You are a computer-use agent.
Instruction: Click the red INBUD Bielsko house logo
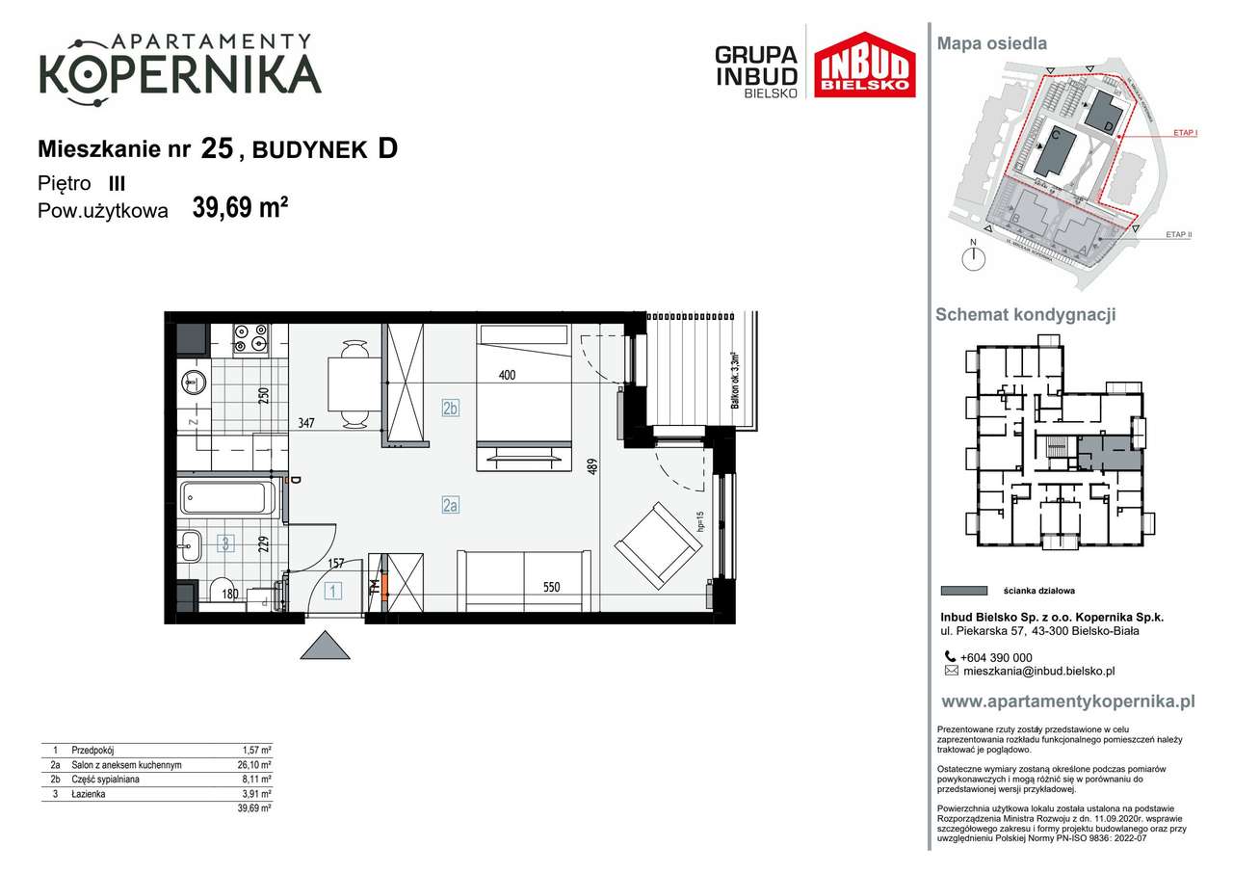pos(864,65)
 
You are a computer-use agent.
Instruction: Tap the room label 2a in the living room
pos(450,504)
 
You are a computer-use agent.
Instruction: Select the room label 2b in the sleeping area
pos(450,408)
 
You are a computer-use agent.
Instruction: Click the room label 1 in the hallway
pos(332,592)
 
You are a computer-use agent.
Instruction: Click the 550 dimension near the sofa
pos(550,587)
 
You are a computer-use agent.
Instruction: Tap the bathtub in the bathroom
pos(227,498)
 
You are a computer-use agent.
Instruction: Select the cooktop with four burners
pos(250,337)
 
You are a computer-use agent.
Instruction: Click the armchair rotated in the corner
pos(659,546)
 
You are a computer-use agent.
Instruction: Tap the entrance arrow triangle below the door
pos(325,645)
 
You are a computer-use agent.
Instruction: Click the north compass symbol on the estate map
pos(975,256)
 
